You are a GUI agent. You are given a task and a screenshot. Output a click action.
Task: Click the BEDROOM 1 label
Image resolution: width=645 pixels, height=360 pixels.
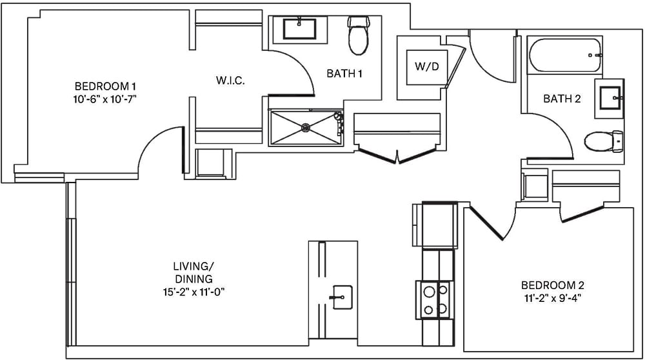(x=106, y=86)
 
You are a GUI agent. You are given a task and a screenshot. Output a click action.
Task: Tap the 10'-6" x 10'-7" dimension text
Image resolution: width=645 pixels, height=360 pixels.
(x=106, y=99)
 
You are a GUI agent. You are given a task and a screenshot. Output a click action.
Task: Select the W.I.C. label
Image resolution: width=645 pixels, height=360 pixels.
(x=230, y=81)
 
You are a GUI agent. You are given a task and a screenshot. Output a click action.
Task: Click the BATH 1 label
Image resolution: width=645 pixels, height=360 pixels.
(x=344, y=74)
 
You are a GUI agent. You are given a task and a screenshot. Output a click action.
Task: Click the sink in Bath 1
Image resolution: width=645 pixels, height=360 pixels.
(x=299, y=30)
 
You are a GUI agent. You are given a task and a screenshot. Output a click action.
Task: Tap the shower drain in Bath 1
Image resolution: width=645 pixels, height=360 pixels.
(x=306, y=128)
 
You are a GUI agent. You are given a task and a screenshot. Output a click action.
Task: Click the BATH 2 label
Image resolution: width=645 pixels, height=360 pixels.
(x=562, y=99)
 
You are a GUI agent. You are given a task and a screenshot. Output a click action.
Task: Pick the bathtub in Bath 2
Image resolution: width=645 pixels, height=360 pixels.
(x=565, y=56)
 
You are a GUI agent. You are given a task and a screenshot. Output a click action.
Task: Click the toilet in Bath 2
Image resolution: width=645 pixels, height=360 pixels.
(x=604, y=141)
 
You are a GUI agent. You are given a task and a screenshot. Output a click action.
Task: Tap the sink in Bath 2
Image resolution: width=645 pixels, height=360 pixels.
(x=609, y=98)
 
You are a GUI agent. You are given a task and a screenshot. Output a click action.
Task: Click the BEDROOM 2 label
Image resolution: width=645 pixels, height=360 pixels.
(x=552, y=285)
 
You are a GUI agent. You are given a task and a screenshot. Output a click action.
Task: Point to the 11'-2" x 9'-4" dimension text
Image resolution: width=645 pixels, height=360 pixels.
(x=552, y=298)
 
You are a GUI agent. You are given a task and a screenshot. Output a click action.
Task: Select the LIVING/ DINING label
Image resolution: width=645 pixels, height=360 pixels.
(x=193, y=272)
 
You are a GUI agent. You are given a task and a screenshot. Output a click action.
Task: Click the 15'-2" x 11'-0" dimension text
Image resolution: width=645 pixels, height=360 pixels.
(x=193, y=292)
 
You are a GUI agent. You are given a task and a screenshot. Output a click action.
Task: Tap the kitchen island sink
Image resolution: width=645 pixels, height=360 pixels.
(x=342, y=297)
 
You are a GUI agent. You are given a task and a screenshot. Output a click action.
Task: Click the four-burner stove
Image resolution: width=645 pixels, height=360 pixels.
(x=435, y=300)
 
